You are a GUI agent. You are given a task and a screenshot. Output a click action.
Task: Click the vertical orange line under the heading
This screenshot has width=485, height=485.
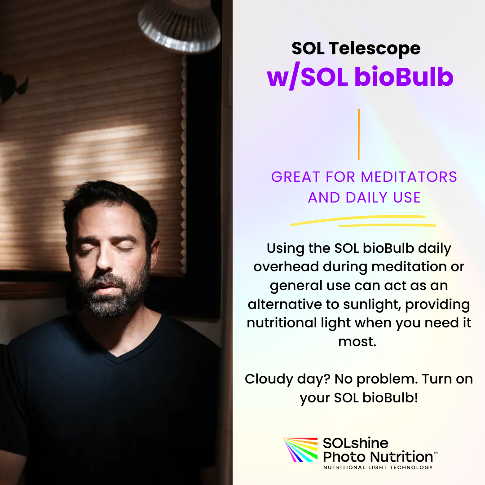pyautogui.click(x=359, y=134)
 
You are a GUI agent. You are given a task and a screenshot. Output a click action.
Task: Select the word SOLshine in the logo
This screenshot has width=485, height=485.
pyautogui.click(x=355, y=444)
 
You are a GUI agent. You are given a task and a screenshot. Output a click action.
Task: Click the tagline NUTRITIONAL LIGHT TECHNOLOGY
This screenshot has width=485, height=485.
pyautogui.click(x=378, y=467)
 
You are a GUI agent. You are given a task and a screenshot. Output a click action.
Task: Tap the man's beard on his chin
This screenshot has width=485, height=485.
pyautogui.click(x=108, y=305)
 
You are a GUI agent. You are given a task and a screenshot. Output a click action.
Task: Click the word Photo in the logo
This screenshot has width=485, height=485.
pyautogui.click(x=344, y=457)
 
